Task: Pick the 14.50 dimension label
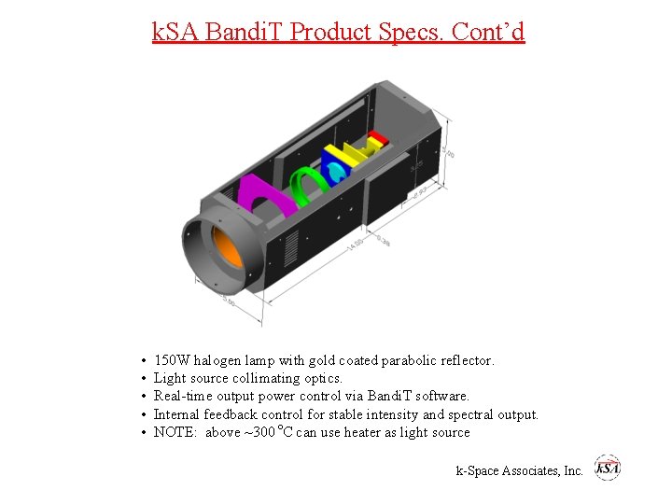point(355,245)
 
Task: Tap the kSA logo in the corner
point(608,469)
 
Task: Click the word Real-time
point(183,396)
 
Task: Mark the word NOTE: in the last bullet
point(175,432)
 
